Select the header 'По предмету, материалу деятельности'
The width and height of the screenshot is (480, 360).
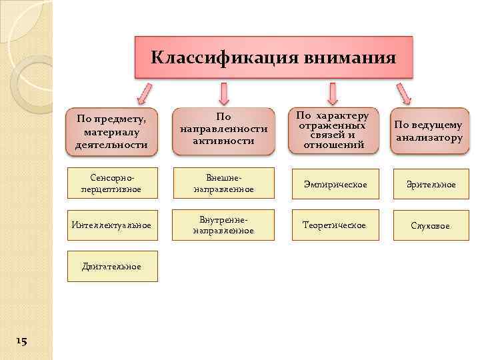[112, 131]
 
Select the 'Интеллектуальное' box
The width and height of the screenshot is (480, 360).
[112, 225]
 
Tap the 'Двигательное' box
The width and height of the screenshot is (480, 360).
[112, 267]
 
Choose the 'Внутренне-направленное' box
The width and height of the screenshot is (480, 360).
[223, 225]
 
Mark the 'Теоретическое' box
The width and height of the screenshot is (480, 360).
[334, 225]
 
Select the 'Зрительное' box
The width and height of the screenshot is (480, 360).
[430, 184]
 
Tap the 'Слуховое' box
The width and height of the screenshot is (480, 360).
[430, 226]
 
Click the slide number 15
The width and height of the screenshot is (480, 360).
[21, 341]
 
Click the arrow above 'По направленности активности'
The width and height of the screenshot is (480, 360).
[224, 93]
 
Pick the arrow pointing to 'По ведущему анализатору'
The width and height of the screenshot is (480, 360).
[403, 93]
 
